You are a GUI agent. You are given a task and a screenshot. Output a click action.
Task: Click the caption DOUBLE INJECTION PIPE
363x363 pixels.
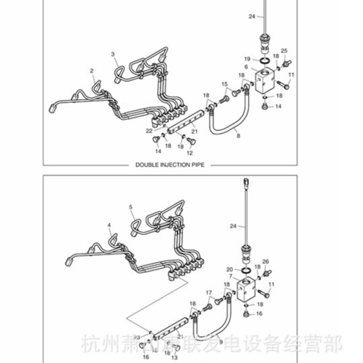[169, 164]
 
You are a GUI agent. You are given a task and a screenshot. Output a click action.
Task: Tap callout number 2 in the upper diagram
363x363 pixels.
[92, 70]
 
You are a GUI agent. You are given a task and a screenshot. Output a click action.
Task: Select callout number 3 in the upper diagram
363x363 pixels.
[113, 54]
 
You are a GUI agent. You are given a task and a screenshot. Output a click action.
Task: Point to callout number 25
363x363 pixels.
[284, 51]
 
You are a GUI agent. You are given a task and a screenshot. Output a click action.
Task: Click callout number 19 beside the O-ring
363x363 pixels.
[247, 59]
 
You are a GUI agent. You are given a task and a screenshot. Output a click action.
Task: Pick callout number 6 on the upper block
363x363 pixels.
[246, 68]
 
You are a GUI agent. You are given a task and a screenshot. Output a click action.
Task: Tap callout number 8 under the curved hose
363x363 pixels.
[237, 137]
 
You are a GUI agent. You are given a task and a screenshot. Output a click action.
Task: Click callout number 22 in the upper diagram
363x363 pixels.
[150, 129]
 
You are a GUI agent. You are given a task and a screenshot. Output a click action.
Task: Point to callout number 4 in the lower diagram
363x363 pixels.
[108, 224]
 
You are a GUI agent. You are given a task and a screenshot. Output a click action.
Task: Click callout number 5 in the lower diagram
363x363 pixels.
[131, 207]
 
